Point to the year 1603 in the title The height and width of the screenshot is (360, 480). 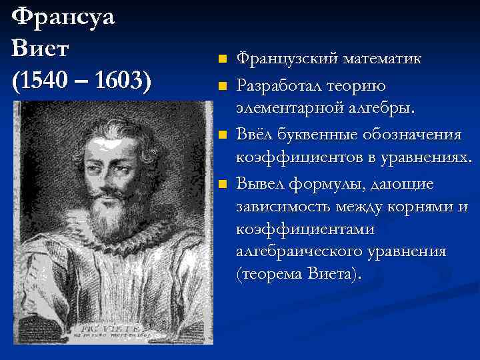point(122,82)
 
